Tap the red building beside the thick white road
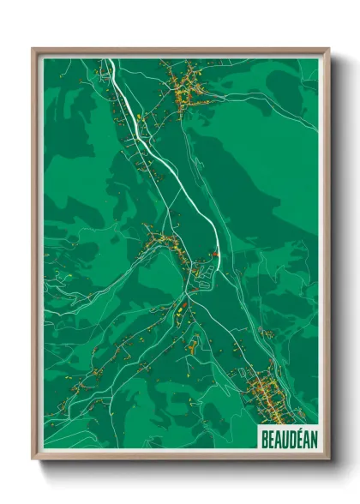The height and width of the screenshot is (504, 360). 216,254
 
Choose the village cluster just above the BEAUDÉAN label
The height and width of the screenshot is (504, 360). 266,394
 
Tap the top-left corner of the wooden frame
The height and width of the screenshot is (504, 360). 33,50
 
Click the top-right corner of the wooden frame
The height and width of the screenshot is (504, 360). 328,50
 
